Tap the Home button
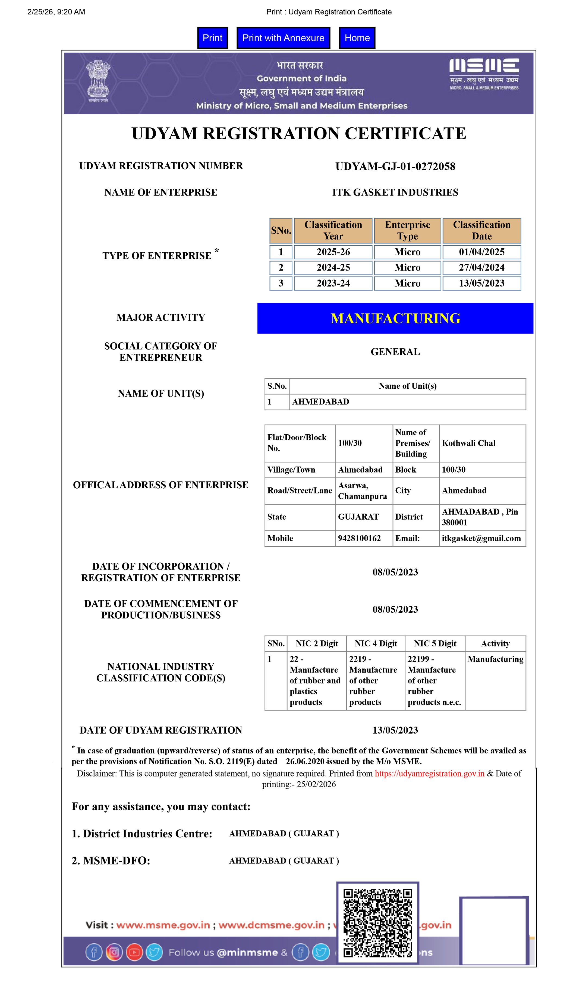(x=357, y=38)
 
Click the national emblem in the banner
(x=98, y=80)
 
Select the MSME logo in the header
(x=484, y=74)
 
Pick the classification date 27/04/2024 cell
(x=481, y=268)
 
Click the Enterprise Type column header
(x=407, y=230)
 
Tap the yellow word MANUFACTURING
(x=395, y=318)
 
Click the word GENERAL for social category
(x=395, y=352)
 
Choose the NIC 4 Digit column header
(x=376, y=643)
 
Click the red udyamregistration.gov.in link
(x=429, y=774)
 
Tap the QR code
(x=377, y=922)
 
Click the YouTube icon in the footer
(x=134, y=952)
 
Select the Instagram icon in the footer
(x=114, y=952)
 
